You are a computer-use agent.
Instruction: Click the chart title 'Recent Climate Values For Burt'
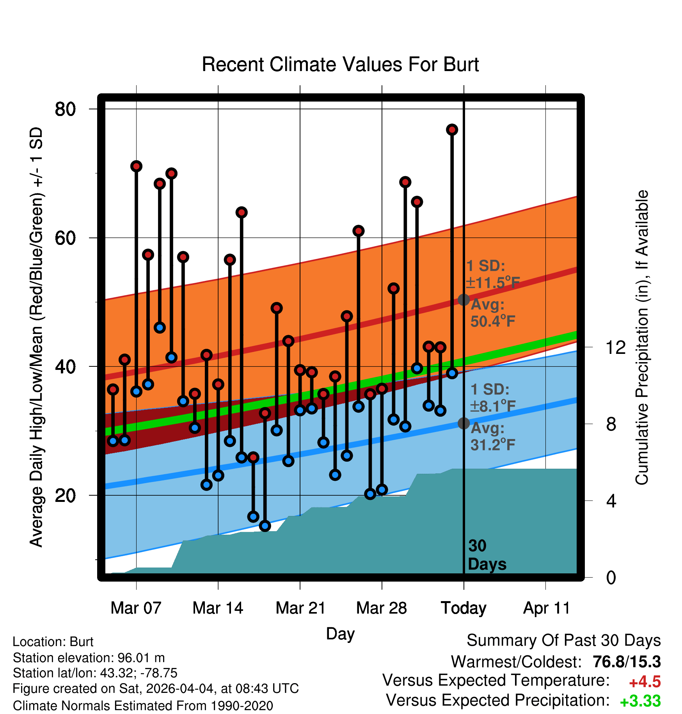click(x=340, y=64)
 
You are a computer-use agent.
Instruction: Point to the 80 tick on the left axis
click(x=65, y=109)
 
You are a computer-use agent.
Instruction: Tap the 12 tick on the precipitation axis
click(x=616, y=347)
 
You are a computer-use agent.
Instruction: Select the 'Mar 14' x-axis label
click(x=218, y=608)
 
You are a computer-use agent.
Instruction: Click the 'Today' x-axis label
click(x=464, y=608)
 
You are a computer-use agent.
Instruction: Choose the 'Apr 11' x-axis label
click(x=546, y=608)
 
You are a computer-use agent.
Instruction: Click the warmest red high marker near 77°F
click(x=452, y=130)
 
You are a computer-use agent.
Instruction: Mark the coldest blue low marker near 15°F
click(x=265, y=526)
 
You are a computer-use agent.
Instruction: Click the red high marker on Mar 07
click(x=136, y=166)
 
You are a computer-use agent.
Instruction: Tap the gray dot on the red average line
click(x=464, y=300)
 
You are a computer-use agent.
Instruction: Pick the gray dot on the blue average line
click(x=464, y=423)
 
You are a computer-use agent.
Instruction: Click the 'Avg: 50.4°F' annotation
click(x=493, y=313)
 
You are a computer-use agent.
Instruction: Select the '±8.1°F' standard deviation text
click(x=493, y=407)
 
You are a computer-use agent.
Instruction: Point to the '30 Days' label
click(x=487, y=555)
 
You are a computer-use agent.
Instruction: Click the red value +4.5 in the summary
click(x=645, y=682)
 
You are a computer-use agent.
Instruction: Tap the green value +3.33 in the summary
click(x=640, y=701)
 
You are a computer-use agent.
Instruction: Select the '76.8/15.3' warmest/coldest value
click(x=627, y=662)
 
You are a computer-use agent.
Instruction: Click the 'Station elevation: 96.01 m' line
click(x=89, y=658)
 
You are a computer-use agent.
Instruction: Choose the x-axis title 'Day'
click(x=340, y=634)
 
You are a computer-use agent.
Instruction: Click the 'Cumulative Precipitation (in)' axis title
click(x=642, y=337)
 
